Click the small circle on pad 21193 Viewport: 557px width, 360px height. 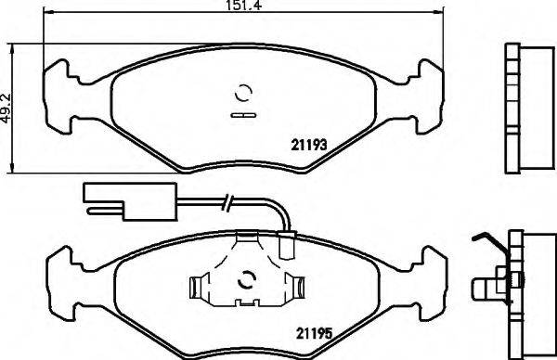pos(244,93)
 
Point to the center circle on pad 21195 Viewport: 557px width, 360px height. pos(247,280)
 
